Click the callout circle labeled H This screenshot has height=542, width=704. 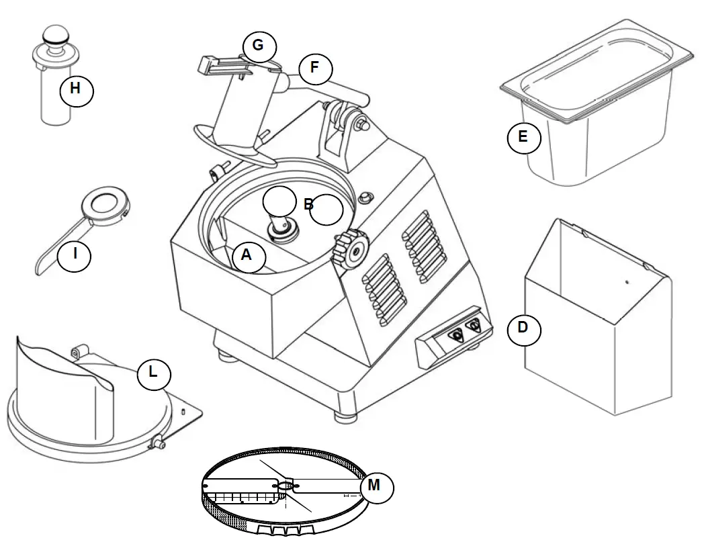[x=77, y=90]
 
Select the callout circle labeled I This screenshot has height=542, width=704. [x=75, y=255]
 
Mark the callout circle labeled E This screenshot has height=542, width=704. [x=524, y=138]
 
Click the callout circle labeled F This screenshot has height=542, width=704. [x=316, y=69]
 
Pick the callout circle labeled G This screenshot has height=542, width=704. [x=259, y=48]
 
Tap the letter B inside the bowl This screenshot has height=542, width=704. [x=308, y=205]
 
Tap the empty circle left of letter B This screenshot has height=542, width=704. [x=279, y=201]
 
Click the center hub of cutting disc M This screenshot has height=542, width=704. [x=287, y=485]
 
